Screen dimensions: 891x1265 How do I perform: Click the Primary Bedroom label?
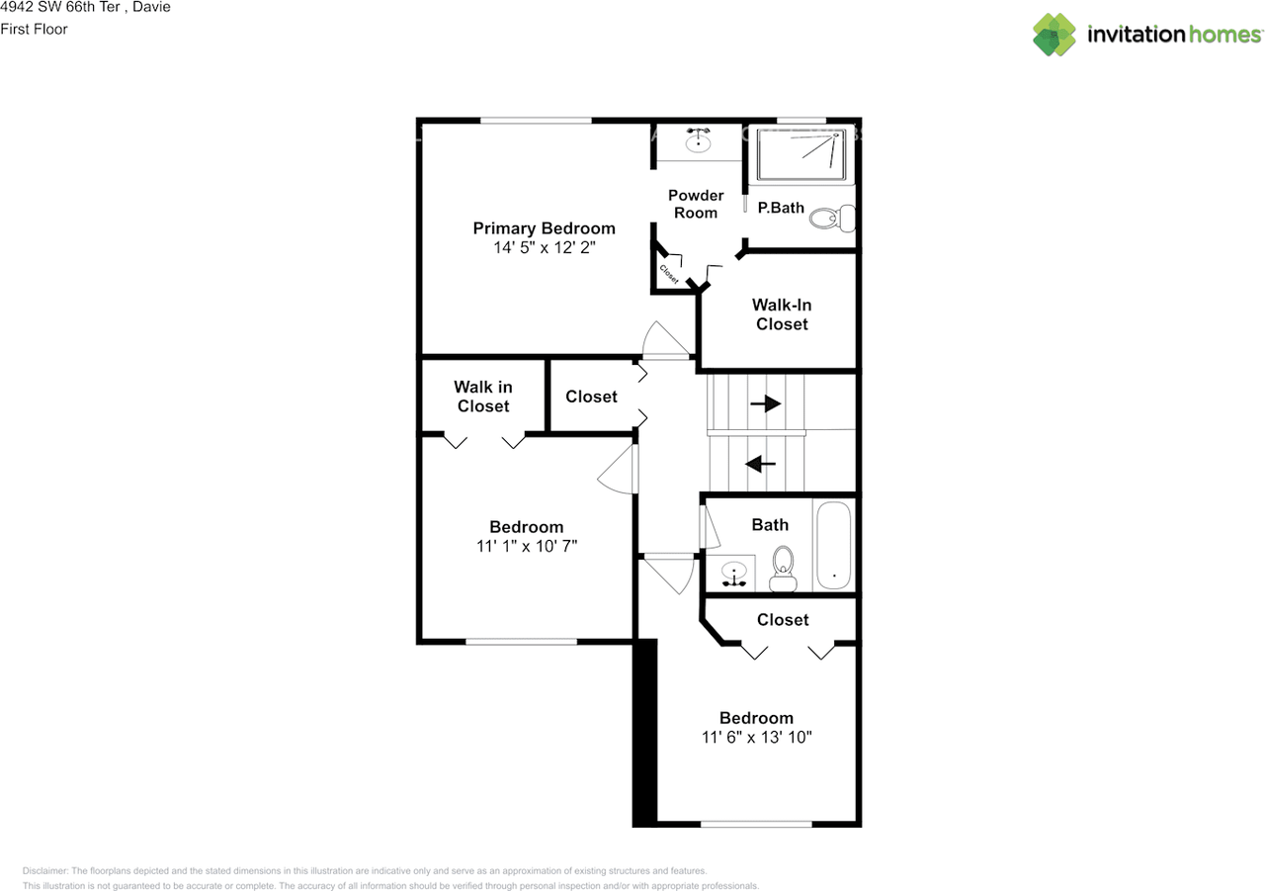tap(544, 228)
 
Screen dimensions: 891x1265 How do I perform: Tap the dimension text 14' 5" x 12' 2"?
tap(544, 248)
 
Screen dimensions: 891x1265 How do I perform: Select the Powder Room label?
tap(696, 204)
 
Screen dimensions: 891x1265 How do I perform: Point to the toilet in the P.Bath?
tap(828, 217)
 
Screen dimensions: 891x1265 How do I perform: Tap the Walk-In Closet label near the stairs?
tap(782, 314)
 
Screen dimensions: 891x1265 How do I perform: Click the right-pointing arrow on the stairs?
tap(766, 403)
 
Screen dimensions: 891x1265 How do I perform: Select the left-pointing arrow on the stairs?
tap(759, 463)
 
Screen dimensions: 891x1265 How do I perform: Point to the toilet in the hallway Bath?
tap(783, 568)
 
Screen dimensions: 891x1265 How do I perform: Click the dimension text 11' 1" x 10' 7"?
tap(527, 546)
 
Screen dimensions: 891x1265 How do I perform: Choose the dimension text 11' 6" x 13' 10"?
tap(756, 737)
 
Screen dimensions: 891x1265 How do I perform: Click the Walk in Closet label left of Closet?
tap(483, 397)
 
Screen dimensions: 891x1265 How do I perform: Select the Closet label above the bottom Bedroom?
tap(783, 619)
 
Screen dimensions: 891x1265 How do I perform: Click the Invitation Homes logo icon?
tap(1054, 35)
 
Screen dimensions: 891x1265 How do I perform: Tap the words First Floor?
tap(34, 29)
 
